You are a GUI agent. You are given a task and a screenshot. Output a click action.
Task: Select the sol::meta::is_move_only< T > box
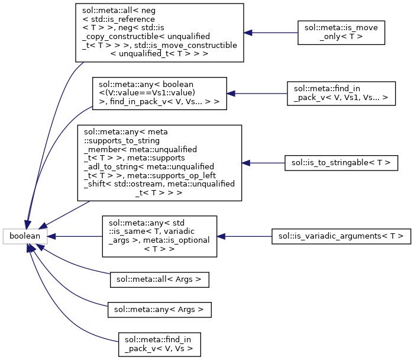pos(341,32)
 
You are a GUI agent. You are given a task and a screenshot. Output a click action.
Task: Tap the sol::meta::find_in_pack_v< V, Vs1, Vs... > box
pos(341,93)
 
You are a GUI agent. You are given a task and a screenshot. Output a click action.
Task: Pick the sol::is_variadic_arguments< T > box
pos(341,236)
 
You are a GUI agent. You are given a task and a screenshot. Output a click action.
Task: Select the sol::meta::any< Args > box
pos(160,309)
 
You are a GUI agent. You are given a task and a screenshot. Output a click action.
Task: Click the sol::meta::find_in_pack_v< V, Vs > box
pos(160,344)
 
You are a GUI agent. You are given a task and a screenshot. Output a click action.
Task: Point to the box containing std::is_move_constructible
pos(160,32)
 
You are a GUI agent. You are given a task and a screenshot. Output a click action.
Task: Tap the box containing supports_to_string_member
pos(160,162)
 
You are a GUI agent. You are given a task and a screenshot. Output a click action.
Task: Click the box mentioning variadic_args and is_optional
pos(160,236)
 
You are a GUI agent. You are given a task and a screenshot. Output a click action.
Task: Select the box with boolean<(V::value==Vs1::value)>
pos(160,93)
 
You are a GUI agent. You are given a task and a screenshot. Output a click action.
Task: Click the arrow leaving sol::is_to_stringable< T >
pos(263,162)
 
